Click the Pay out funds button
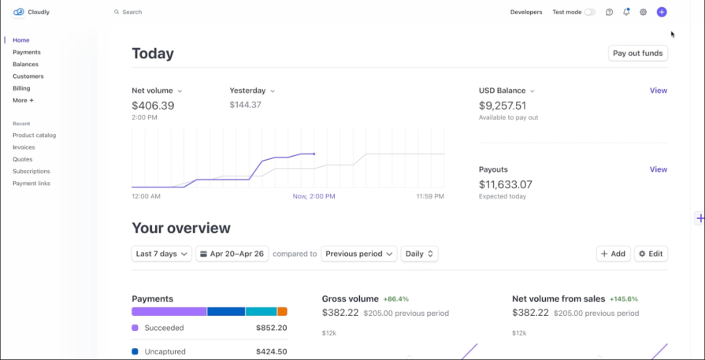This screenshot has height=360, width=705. point(638,54)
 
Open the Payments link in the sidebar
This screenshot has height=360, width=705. point(27,52)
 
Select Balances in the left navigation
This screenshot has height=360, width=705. point(25,65)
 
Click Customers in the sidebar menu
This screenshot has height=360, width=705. point(28,76)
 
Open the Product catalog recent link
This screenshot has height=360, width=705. point(34,135)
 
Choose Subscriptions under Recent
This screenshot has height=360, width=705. point(32,171)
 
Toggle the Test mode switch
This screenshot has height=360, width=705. point(589,13)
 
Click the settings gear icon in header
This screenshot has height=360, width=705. point(644,13)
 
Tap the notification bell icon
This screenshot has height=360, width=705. point(626,13)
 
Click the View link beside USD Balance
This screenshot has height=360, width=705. point(658,91)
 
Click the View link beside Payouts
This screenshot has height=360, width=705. point(658,169)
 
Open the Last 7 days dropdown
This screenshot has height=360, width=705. point(161,254)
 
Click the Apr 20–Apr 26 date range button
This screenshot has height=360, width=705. point(232,254)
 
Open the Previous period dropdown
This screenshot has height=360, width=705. point(358,254)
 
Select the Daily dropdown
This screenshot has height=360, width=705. point(419,254)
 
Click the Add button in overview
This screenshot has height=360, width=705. point(613,254)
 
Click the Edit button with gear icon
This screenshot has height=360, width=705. point(651,254)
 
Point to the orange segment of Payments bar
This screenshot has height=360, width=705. point(282,312)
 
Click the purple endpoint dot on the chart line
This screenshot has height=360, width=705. point(314,154)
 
